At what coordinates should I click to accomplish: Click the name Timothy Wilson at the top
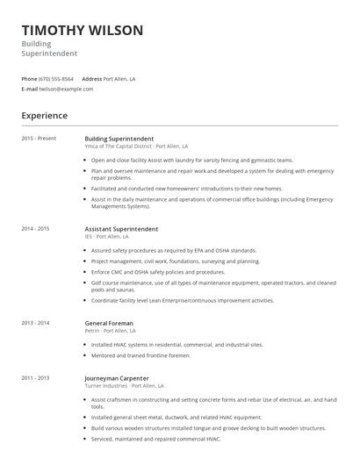click(x=83, y=31)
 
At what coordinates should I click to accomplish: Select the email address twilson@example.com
click(x=67, y=89)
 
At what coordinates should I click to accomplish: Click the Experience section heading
click(x=44, y=115)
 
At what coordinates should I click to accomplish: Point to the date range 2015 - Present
click(x=38, y=139)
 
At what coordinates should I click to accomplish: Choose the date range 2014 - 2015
click(x=36, y=229)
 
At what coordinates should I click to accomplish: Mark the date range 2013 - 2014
click(x=36, y=323)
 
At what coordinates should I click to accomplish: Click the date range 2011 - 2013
click(x=36, y=377)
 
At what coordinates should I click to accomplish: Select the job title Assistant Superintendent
click(x=121, y=229)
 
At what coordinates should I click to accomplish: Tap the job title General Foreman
click(x=109, y=323)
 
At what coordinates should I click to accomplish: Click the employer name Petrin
click(x=91, y=331)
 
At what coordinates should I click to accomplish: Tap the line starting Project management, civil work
click(x=176, y=261)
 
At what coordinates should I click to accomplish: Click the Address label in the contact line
click(x=92, y=79)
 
